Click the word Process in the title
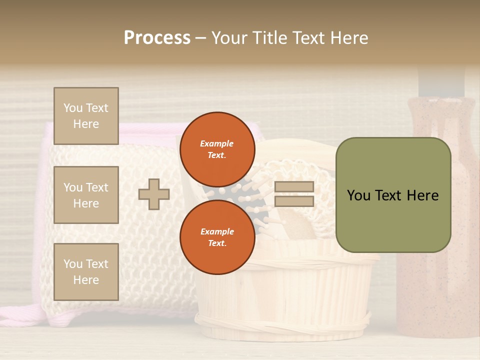point(157,38)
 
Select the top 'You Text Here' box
point(86,116)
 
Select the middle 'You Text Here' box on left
point(86,195)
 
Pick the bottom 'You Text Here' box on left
point(86,271)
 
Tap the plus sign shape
point(153,194)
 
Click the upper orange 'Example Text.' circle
point(217,149)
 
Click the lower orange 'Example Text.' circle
point(217,237)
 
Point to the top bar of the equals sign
point(294,187)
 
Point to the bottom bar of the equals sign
point(294,201)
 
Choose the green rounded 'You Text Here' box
point(393,195)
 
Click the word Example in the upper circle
point(216,143)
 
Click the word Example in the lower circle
point(216,231)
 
